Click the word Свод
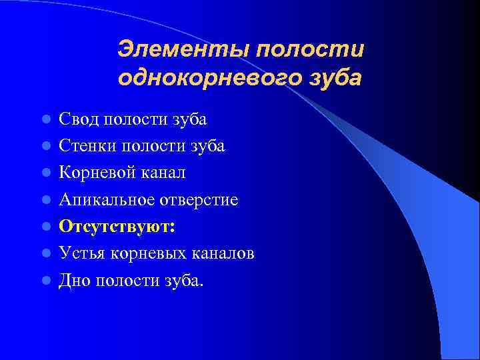click(x=75, y=119)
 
